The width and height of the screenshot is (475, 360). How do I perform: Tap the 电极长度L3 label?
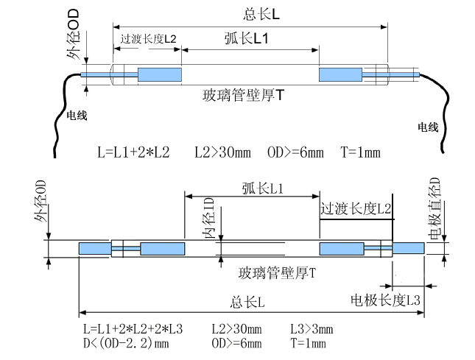pos(385,300)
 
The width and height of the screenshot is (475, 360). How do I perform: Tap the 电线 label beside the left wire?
pos(77,116)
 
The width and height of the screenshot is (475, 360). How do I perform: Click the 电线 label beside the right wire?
pos(428,127)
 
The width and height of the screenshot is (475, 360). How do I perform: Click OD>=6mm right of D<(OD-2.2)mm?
pos(236,343)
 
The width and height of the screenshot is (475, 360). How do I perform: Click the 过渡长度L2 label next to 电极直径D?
pos(356,210)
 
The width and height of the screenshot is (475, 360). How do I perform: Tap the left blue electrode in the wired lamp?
pos(160,74)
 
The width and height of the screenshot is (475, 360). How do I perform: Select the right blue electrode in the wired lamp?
pos(339,74)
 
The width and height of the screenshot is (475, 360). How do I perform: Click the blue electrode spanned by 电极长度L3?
pos(408,249)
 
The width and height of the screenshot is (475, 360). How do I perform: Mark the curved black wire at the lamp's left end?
pos(60,110)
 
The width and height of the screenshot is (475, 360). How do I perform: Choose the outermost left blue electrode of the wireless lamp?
pos(94,249)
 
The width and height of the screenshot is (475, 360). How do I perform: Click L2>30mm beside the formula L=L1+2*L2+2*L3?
pos(236,328)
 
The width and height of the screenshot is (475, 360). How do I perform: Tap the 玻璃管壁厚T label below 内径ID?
pos(277,273)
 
